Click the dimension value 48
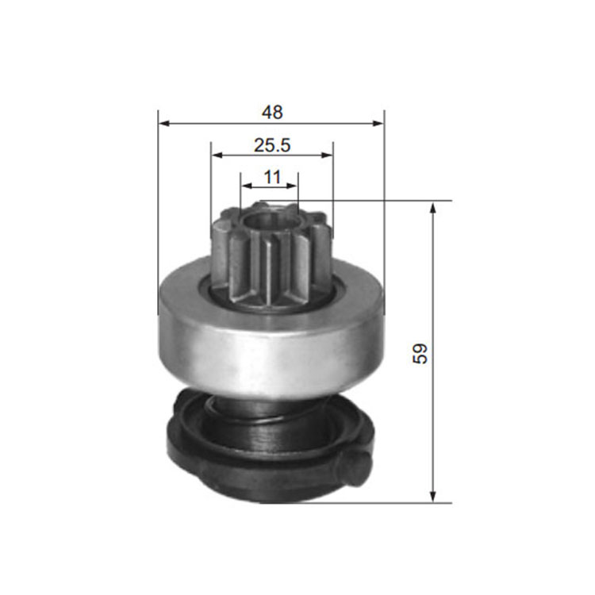coord(272,113)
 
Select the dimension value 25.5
coord(272,145)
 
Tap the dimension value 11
coord(272,177)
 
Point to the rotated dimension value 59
coord(420,354)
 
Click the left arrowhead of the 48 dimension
coord(164,123)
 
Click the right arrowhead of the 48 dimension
coord(378,123)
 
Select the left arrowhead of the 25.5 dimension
coord(217,155)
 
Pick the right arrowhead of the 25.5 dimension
coord(327,155)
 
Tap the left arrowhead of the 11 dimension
coord(246,186)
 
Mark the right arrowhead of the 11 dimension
coord(292,186)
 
